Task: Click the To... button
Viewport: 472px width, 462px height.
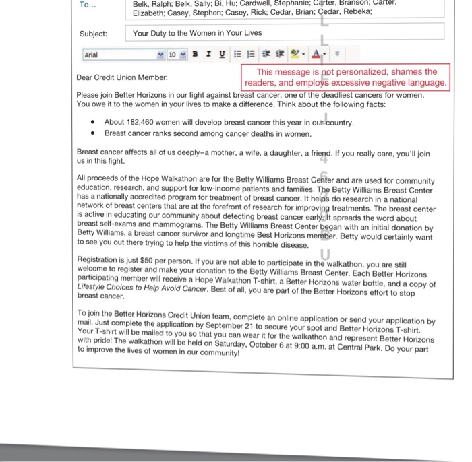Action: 88,5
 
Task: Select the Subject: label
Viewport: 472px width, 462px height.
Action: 93,32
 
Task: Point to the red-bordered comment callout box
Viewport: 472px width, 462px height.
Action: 346,77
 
